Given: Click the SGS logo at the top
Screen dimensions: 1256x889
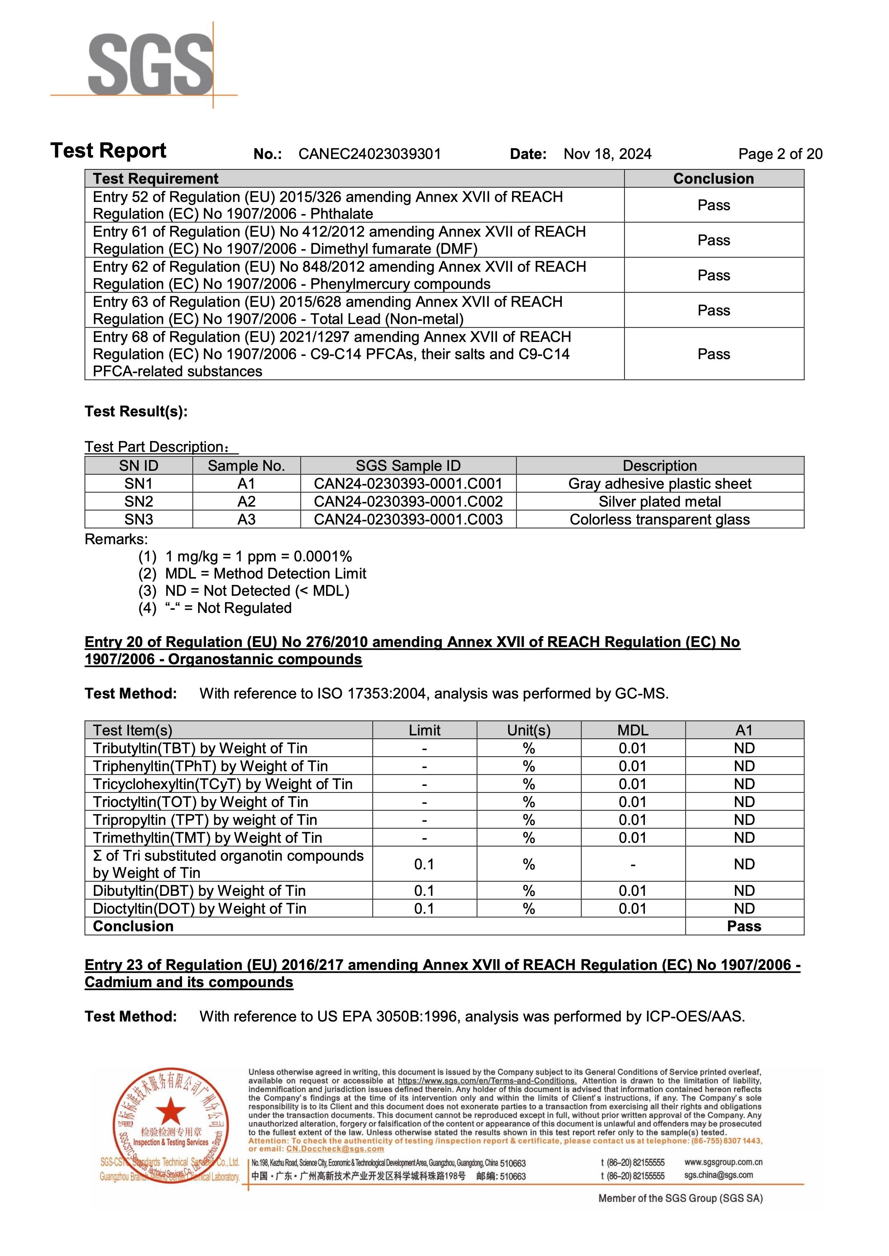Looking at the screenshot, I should [150, 64].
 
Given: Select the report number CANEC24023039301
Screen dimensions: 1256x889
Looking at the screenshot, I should [369, 154].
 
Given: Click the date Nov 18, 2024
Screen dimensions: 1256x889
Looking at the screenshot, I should [607, 154].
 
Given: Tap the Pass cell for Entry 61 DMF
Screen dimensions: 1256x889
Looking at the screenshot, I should [713, 240].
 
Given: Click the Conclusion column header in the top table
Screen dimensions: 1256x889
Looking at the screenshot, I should [713, 179].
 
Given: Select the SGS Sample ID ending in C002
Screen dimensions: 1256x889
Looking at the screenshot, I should [408, 502].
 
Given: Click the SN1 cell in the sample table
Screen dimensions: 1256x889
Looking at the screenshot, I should [139, 484].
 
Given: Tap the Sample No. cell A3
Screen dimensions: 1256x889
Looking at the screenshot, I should [246, 520].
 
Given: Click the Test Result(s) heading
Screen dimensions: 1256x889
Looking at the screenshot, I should [136, 411].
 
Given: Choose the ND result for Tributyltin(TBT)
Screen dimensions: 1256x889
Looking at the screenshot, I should [744, 748].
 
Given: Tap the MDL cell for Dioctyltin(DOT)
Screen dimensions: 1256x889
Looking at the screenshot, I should [632, 909].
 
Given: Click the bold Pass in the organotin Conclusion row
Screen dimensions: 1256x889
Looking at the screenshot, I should [744, 927].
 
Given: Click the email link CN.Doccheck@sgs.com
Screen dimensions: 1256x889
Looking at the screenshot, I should [335, 1149].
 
